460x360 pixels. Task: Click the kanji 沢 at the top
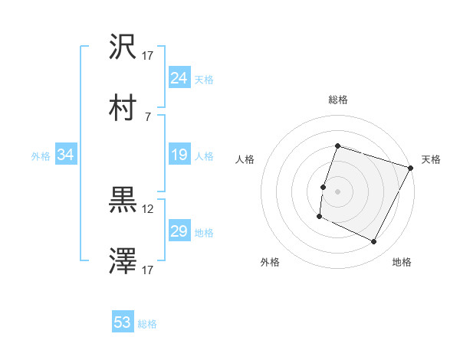click(x=123, y=47)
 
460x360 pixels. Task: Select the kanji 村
click(x=123, y=108)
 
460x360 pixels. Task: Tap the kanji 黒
click(x=123, y=201)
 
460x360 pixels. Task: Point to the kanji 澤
click(x=123, y=262)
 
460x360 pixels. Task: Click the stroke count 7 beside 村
click(x=148, y=116)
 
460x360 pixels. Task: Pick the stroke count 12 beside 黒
click(x=148, y=208)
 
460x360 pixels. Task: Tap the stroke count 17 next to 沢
click(x=148, y=55)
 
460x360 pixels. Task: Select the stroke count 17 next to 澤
click(x=148, y=270)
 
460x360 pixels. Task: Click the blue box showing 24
click(x=179, y=78)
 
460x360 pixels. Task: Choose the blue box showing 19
click(x=179, y=155)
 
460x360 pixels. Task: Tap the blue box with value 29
click(x=179, y=231)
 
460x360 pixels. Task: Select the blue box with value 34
click(x=66, y=155)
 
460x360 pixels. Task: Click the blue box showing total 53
click(x=123, y=322)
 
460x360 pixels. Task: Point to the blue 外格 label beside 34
click(x=41, y=155)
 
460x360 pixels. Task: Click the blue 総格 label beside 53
click(x=147, y=324)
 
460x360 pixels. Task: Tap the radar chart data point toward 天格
click(x=411, y=168)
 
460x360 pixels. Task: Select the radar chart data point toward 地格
click(x=374, y=242)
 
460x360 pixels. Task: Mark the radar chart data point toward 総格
click(x=337, y=146)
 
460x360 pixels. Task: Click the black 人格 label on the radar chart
click(x=245, y=159)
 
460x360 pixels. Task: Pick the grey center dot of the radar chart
click(x=337, y=191)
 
